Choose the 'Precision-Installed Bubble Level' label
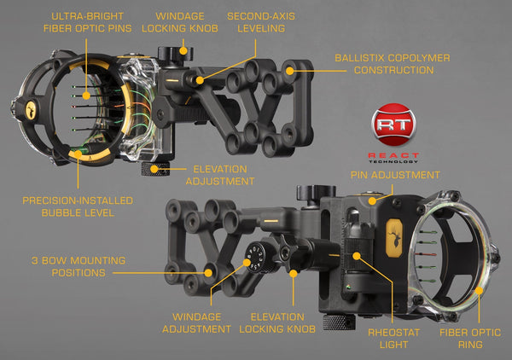tap(77, 206)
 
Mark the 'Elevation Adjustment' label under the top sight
tap(220, 175)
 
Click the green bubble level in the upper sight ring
tap(82, 154)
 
